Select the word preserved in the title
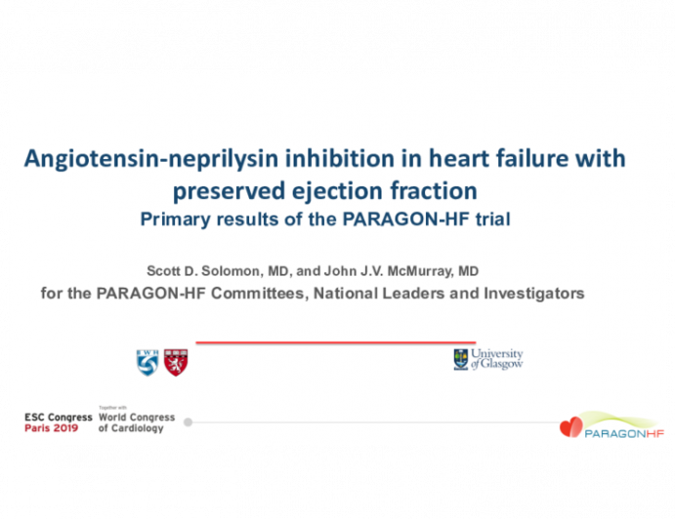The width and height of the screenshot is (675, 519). (x=229, y=192)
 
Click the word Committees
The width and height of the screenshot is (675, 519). (x=260, y=294)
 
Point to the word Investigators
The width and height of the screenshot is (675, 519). (x=534, y=294)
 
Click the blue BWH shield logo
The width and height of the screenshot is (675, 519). (x=148, y=363)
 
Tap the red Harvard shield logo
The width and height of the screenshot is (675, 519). (x=176, y=363)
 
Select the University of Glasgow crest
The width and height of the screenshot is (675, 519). (x=461, y=359)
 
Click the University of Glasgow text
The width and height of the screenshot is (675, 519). (x=497, y=359)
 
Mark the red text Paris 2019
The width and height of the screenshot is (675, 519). (x=51, y=428)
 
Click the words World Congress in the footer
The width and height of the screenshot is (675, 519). (x=137, y=418)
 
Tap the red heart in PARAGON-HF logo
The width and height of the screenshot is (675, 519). (x=571, y=427)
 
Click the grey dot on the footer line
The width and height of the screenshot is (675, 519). (x=188, y=422)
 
